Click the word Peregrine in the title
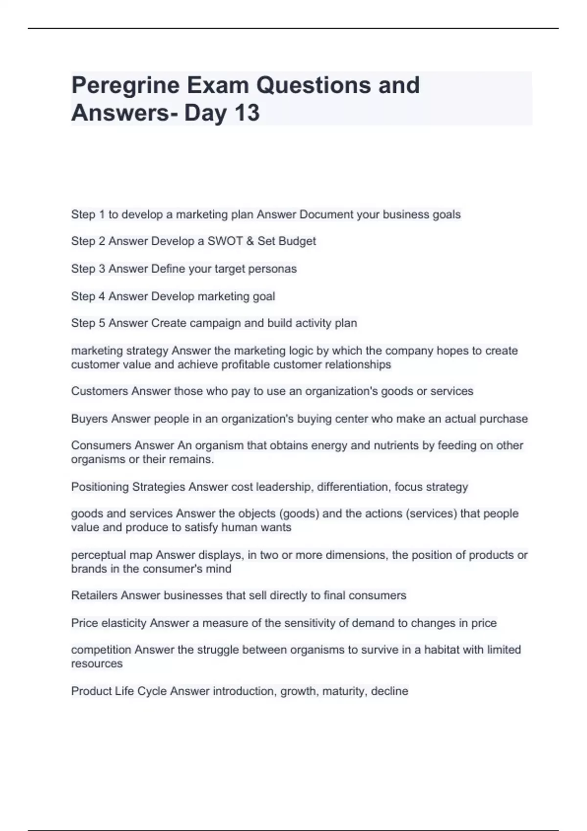pos(125,86)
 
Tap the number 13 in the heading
pos(247,113)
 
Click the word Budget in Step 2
pos(297,241)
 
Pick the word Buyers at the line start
pos(90,419)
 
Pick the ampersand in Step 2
pos(250,241)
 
